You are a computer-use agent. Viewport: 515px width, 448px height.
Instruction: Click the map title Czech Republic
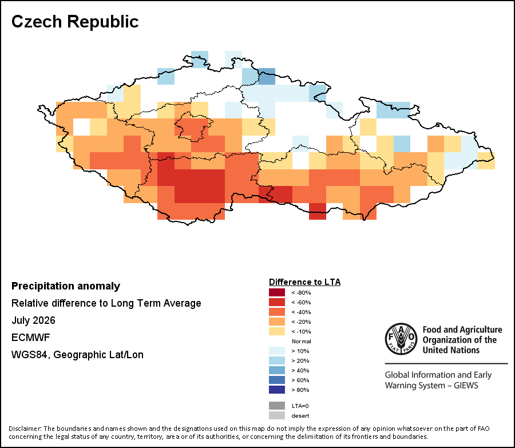[75, 22]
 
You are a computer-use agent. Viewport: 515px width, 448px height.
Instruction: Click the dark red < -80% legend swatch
[277, 292]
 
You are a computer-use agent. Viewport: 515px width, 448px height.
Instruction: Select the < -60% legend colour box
[277, 302]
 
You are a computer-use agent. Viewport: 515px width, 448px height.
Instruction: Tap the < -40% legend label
[301, 312]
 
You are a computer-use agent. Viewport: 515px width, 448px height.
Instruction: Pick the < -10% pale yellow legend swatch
[277, 331]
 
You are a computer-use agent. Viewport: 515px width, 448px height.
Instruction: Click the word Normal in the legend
[301, 341]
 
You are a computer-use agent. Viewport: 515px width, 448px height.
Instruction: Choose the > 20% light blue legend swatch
[277, 360]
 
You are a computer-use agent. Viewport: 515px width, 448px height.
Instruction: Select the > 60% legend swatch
[277, 380]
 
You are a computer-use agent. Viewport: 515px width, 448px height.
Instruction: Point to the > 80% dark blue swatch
[277, 390]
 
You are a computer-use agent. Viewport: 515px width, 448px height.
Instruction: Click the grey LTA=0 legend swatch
[277, 406]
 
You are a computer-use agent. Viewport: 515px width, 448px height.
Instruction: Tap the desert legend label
[300, 416]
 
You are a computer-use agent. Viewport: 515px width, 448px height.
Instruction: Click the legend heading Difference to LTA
[305, 282]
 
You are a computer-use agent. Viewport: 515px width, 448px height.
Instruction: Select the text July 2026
[34, 320]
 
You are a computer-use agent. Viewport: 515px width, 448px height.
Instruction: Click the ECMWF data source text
[26, 338]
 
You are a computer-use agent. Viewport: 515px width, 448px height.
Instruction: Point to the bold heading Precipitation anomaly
[66, 286]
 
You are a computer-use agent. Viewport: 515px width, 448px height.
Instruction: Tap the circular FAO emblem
[401, 339]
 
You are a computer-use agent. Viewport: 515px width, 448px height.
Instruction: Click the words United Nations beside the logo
[451, 350]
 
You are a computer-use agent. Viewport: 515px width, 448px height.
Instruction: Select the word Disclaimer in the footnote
[25, 429]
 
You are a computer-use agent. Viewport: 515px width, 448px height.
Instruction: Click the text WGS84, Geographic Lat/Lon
[77, 355]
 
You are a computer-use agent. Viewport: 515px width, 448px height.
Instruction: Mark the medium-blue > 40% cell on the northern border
[267, 77]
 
